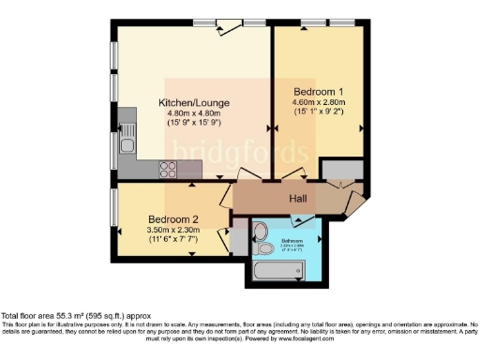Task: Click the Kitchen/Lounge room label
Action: click(193, 102)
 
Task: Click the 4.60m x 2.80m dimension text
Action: click(319, 102)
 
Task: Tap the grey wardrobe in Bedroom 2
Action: click(238, 239)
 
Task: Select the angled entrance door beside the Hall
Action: click(357, 202)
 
